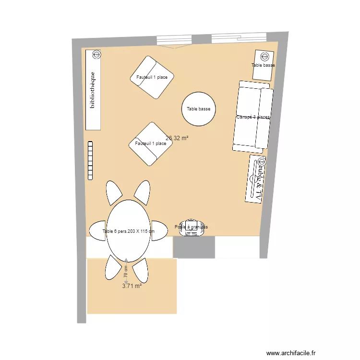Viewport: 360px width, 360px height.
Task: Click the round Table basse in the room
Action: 199,109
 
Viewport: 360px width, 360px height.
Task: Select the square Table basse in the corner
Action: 264,65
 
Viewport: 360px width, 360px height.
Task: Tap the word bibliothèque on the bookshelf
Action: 93,90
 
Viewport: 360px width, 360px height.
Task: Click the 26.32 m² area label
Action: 177,138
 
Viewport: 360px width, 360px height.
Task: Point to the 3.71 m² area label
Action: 132,286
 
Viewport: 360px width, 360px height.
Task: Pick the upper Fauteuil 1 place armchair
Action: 152,77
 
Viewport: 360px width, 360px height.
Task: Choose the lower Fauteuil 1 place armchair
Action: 150,144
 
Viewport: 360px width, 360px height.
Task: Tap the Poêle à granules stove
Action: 192,228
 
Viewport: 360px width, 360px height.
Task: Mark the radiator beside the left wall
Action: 90,160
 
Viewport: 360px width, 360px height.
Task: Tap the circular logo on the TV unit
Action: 261,161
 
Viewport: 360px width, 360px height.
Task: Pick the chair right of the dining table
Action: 159,230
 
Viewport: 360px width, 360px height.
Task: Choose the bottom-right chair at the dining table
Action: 141,271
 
